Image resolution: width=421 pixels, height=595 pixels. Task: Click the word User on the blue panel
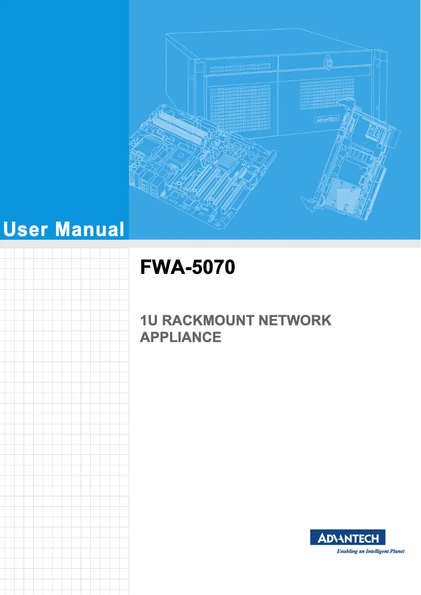click(25, 230)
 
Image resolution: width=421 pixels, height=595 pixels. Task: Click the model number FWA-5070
click(187, 269)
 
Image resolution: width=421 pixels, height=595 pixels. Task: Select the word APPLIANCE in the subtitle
click(181, 337)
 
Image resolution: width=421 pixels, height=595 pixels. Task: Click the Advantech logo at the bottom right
click(352, 537)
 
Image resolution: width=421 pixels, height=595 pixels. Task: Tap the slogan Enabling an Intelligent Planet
click(370, 551)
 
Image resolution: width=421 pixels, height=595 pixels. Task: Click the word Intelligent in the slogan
click(369, 551)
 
